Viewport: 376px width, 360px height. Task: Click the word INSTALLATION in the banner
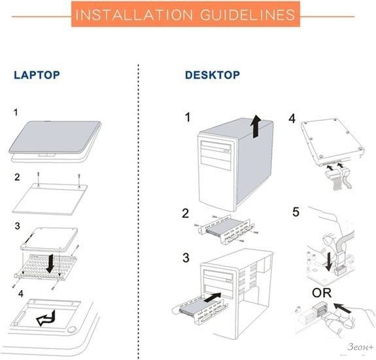click(134, 14)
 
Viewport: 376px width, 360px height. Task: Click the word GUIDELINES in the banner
click(247, 14)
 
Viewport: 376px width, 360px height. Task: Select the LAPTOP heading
click(37, 75)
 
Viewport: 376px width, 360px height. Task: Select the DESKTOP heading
click(213, 75)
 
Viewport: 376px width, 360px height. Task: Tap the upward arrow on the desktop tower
click(256, 126)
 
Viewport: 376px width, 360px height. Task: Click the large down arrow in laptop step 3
click(50, 264)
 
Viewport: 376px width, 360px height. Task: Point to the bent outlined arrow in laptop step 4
click(46, 319)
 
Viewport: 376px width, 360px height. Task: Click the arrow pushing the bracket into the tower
click(213, 297)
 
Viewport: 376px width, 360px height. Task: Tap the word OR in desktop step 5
click(322, 293)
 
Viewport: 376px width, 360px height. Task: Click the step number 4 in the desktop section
click(292, 118)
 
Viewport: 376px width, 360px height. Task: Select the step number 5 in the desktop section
click(296, 212)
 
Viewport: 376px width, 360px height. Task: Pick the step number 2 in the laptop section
click(17, 177)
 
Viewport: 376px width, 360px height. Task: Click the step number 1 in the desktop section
click(188, 118)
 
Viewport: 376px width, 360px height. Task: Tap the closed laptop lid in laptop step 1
click(55, 137)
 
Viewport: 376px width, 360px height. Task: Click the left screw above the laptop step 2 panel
click(39, 176)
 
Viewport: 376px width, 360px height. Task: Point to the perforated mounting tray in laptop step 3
click(46, 268)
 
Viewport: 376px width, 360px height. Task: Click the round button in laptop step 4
click(72, 329)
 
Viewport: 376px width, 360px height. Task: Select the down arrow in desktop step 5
click(329, 262)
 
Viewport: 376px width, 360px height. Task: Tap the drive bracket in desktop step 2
click(226, 229)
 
